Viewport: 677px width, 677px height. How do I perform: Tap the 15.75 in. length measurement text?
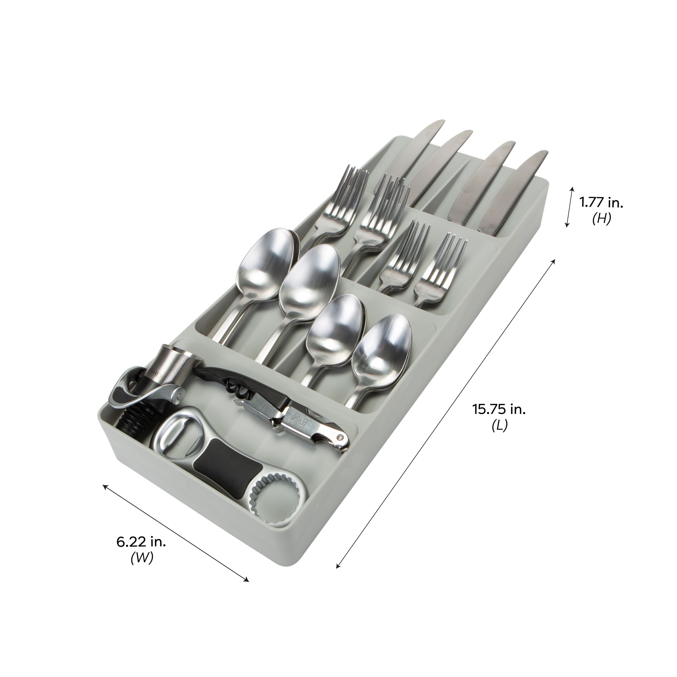pyautogui.click(x=499, y=409)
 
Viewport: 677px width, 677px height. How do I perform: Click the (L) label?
pyautogui.click(x=499, y=426)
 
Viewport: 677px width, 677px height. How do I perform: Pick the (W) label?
pyautogui.click(x=142, y=559)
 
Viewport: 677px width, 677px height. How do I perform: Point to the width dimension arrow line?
pyautogui.click(x=175, y=533)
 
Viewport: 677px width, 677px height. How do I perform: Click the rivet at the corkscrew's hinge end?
pyautogui.click(x=340, y=437)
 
